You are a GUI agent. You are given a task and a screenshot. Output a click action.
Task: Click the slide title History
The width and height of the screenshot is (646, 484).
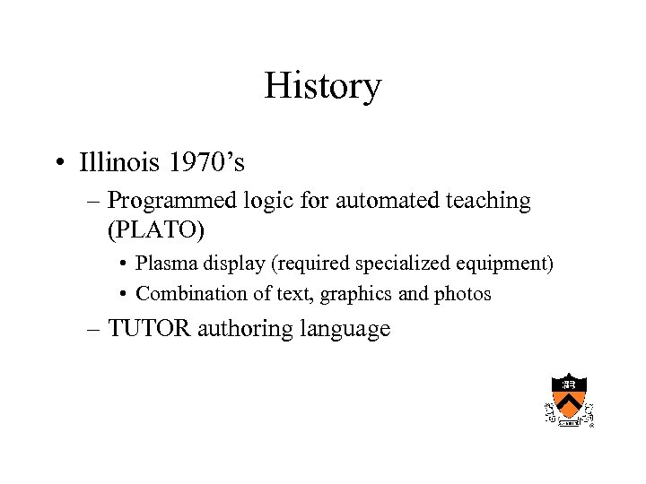click(x=323, y=86)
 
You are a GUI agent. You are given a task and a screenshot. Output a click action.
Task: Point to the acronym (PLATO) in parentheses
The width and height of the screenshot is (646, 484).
click(x=156, y=229)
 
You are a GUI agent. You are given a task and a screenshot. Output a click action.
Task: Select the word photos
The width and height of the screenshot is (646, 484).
click(x=462, y=293)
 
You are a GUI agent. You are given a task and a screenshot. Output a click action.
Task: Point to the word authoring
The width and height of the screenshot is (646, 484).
click(x=240, y=330)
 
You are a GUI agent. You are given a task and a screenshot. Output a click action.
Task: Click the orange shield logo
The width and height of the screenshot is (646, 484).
click(x=568, y=397)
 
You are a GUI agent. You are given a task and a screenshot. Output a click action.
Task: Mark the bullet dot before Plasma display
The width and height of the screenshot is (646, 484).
click(x=121, y=265)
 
